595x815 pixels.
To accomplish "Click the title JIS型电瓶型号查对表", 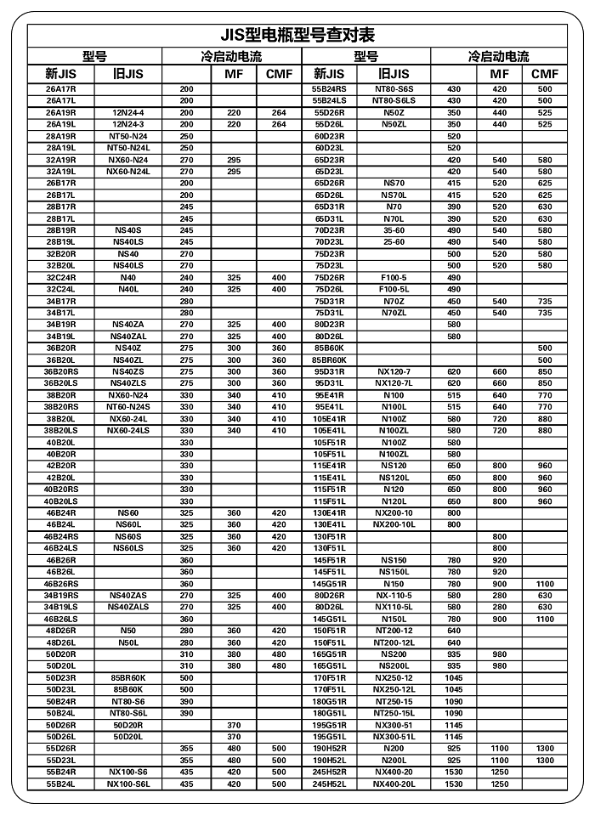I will (x=297, y=36).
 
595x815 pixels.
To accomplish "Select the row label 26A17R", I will (x=61, y=89).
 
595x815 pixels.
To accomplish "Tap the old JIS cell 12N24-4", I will (x=128, y=112).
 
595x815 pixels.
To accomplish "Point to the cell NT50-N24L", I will (x=128, y=148).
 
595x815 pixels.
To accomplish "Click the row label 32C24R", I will (x=61, y=277).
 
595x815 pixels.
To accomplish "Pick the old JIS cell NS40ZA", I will (x=128, y=325).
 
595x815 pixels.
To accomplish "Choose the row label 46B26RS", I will (x=61, y=584).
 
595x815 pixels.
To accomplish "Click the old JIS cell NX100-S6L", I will (x=128, y=784).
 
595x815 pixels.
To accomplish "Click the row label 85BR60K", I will (x=330, y=359).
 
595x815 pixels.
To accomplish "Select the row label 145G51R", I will (x=330, y=584).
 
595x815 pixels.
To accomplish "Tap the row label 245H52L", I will (x=330, y=784).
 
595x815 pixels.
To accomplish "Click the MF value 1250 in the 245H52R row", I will (x=500, y=772).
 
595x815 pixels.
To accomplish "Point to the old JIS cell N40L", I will (x=128, y=289).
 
